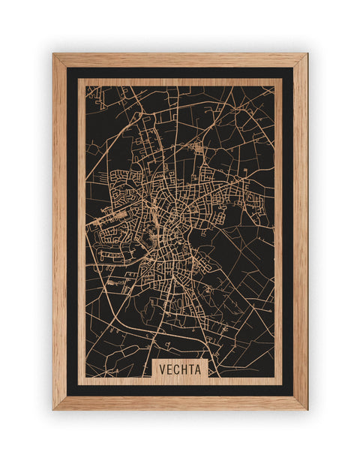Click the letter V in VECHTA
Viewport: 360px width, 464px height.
pos(161,369)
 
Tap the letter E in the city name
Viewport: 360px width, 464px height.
pos(169,369)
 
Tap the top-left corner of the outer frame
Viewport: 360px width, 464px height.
pos(53,54)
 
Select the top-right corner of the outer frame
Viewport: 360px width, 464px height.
pos(307,54)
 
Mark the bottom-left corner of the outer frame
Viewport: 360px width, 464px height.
pos(53,409)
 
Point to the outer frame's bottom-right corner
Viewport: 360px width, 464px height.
pos(307,409)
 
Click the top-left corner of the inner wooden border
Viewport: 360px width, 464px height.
pos(79,80)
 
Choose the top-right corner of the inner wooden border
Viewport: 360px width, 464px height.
pos(282,80)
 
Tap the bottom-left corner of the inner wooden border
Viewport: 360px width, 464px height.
pos(79,384)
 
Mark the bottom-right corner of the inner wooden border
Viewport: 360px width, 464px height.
pos(282,384)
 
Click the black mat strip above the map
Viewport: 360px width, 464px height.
pos(180,73)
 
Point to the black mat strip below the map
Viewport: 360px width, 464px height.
pos(180,390)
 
